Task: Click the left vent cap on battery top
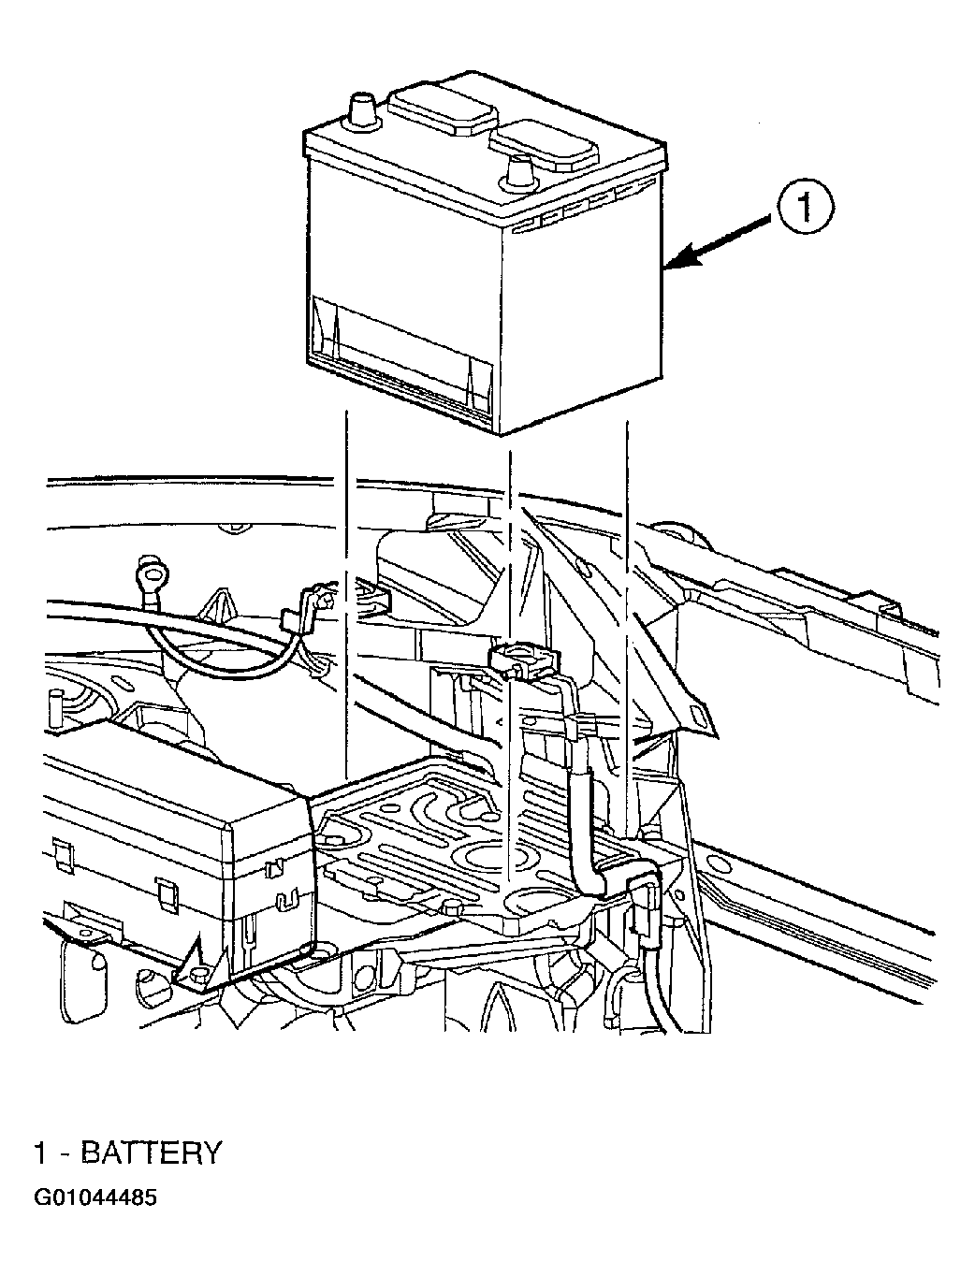pos(442,111)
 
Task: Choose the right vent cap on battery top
pos(545,145)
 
